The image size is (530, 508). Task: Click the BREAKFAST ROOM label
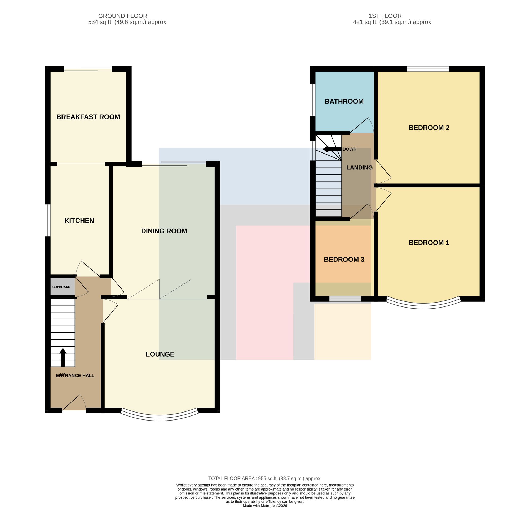coord(88,117)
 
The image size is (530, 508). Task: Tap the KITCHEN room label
coord(79,221)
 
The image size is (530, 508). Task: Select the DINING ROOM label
coord(164,231)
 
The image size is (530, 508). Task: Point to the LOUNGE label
coord(160,354)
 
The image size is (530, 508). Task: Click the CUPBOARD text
coord(61,287)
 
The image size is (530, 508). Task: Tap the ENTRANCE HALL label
coord(75,376)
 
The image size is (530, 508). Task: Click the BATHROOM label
coord(344,102)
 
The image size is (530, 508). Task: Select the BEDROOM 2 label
coord(429,128)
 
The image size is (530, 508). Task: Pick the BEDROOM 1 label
coord(429,243)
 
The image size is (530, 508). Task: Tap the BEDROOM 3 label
coord(344,260)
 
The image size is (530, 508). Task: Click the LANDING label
coord(359,168)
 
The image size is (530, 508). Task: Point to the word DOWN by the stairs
coord(350,149)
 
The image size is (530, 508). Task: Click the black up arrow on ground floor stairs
coord(63,357)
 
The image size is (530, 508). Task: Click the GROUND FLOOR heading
coord(123,16)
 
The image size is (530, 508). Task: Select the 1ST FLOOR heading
coord(385,16)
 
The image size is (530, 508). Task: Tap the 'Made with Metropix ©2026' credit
coord(265,506)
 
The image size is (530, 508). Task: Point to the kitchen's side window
coord(48,220)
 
